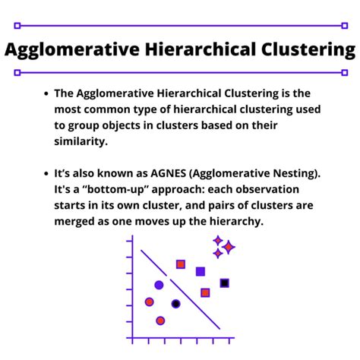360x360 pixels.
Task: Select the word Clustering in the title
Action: pos(301,50)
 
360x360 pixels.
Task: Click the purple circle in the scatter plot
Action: pos(159,286)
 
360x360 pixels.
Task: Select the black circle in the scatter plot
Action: pos(176,304)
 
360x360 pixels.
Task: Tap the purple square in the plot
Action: pos(201,271)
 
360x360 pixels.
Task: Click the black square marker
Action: pos(225,283)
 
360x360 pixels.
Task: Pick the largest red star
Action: pos(229,247)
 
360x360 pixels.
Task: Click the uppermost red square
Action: pos(181,264)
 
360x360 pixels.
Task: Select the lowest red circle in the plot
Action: pos(160,321)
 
